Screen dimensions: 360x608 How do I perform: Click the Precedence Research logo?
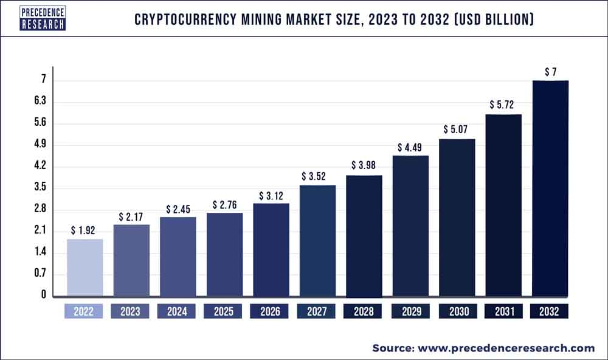click(x=43, y=18)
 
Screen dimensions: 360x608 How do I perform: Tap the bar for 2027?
click(x=317, y=241)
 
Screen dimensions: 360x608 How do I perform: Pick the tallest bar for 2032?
click(x=550, y=189)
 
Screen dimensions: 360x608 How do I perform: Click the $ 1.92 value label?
click(x=85, y=230)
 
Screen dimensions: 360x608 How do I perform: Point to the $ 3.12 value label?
click(x=271, y=195)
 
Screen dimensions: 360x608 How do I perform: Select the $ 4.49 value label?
click(x=410, y=147)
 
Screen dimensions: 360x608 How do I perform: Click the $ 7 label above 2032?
click(x=550, y=72)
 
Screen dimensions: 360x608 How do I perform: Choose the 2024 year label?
click(x=178, y=311)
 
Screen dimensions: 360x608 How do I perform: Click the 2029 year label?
click(x=410, y=311)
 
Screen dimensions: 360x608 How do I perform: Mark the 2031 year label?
click(x=503, y=311)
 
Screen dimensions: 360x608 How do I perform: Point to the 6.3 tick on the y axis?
click(x=41, y=100)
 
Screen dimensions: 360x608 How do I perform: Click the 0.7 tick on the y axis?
click(x=40, y=273)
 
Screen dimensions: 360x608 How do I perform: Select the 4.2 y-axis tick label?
click(x=40, y=166)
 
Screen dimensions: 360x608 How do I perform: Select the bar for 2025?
click(x=224, y=255)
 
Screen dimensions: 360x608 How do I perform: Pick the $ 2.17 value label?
click(x=131, y=216)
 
